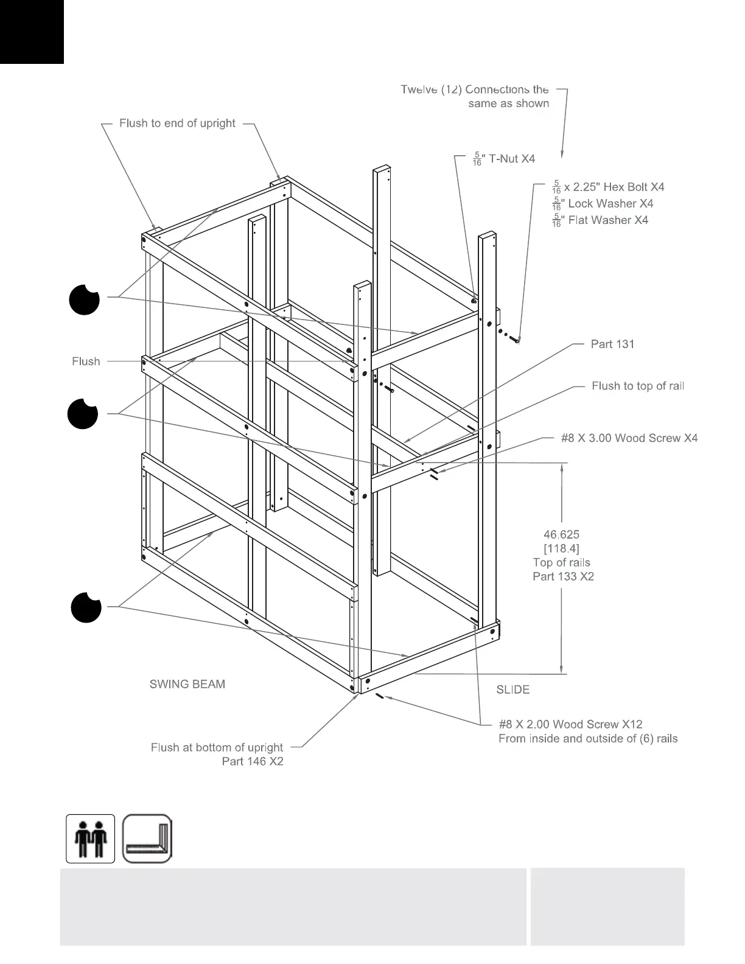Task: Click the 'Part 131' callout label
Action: click(x=612, y=344)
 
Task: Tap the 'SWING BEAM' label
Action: click(x=187, y=684)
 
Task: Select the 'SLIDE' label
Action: click(x=513, y=690)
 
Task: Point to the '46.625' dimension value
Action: click(x=561, y=535)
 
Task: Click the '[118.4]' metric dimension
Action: click(x=561, y=549)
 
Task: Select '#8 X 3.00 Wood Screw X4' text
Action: click(x=629, y=438)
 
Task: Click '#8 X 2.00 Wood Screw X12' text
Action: click(x=570, y=724)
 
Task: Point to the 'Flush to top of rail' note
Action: click(x=638, y=386)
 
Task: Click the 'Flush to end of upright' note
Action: click(x=177, y=124)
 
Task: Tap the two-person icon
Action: click(x=91, y=839)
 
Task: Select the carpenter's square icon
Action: click(x=147, y=839)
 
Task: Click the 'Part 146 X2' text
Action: click(x=253, y=761)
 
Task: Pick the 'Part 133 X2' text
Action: click(x=563, y=576)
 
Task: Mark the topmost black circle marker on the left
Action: click(x=84, y=299)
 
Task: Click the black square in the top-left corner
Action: click(x=32, y=32)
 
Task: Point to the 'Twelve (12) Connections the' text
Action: click(x=475, y=89)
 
